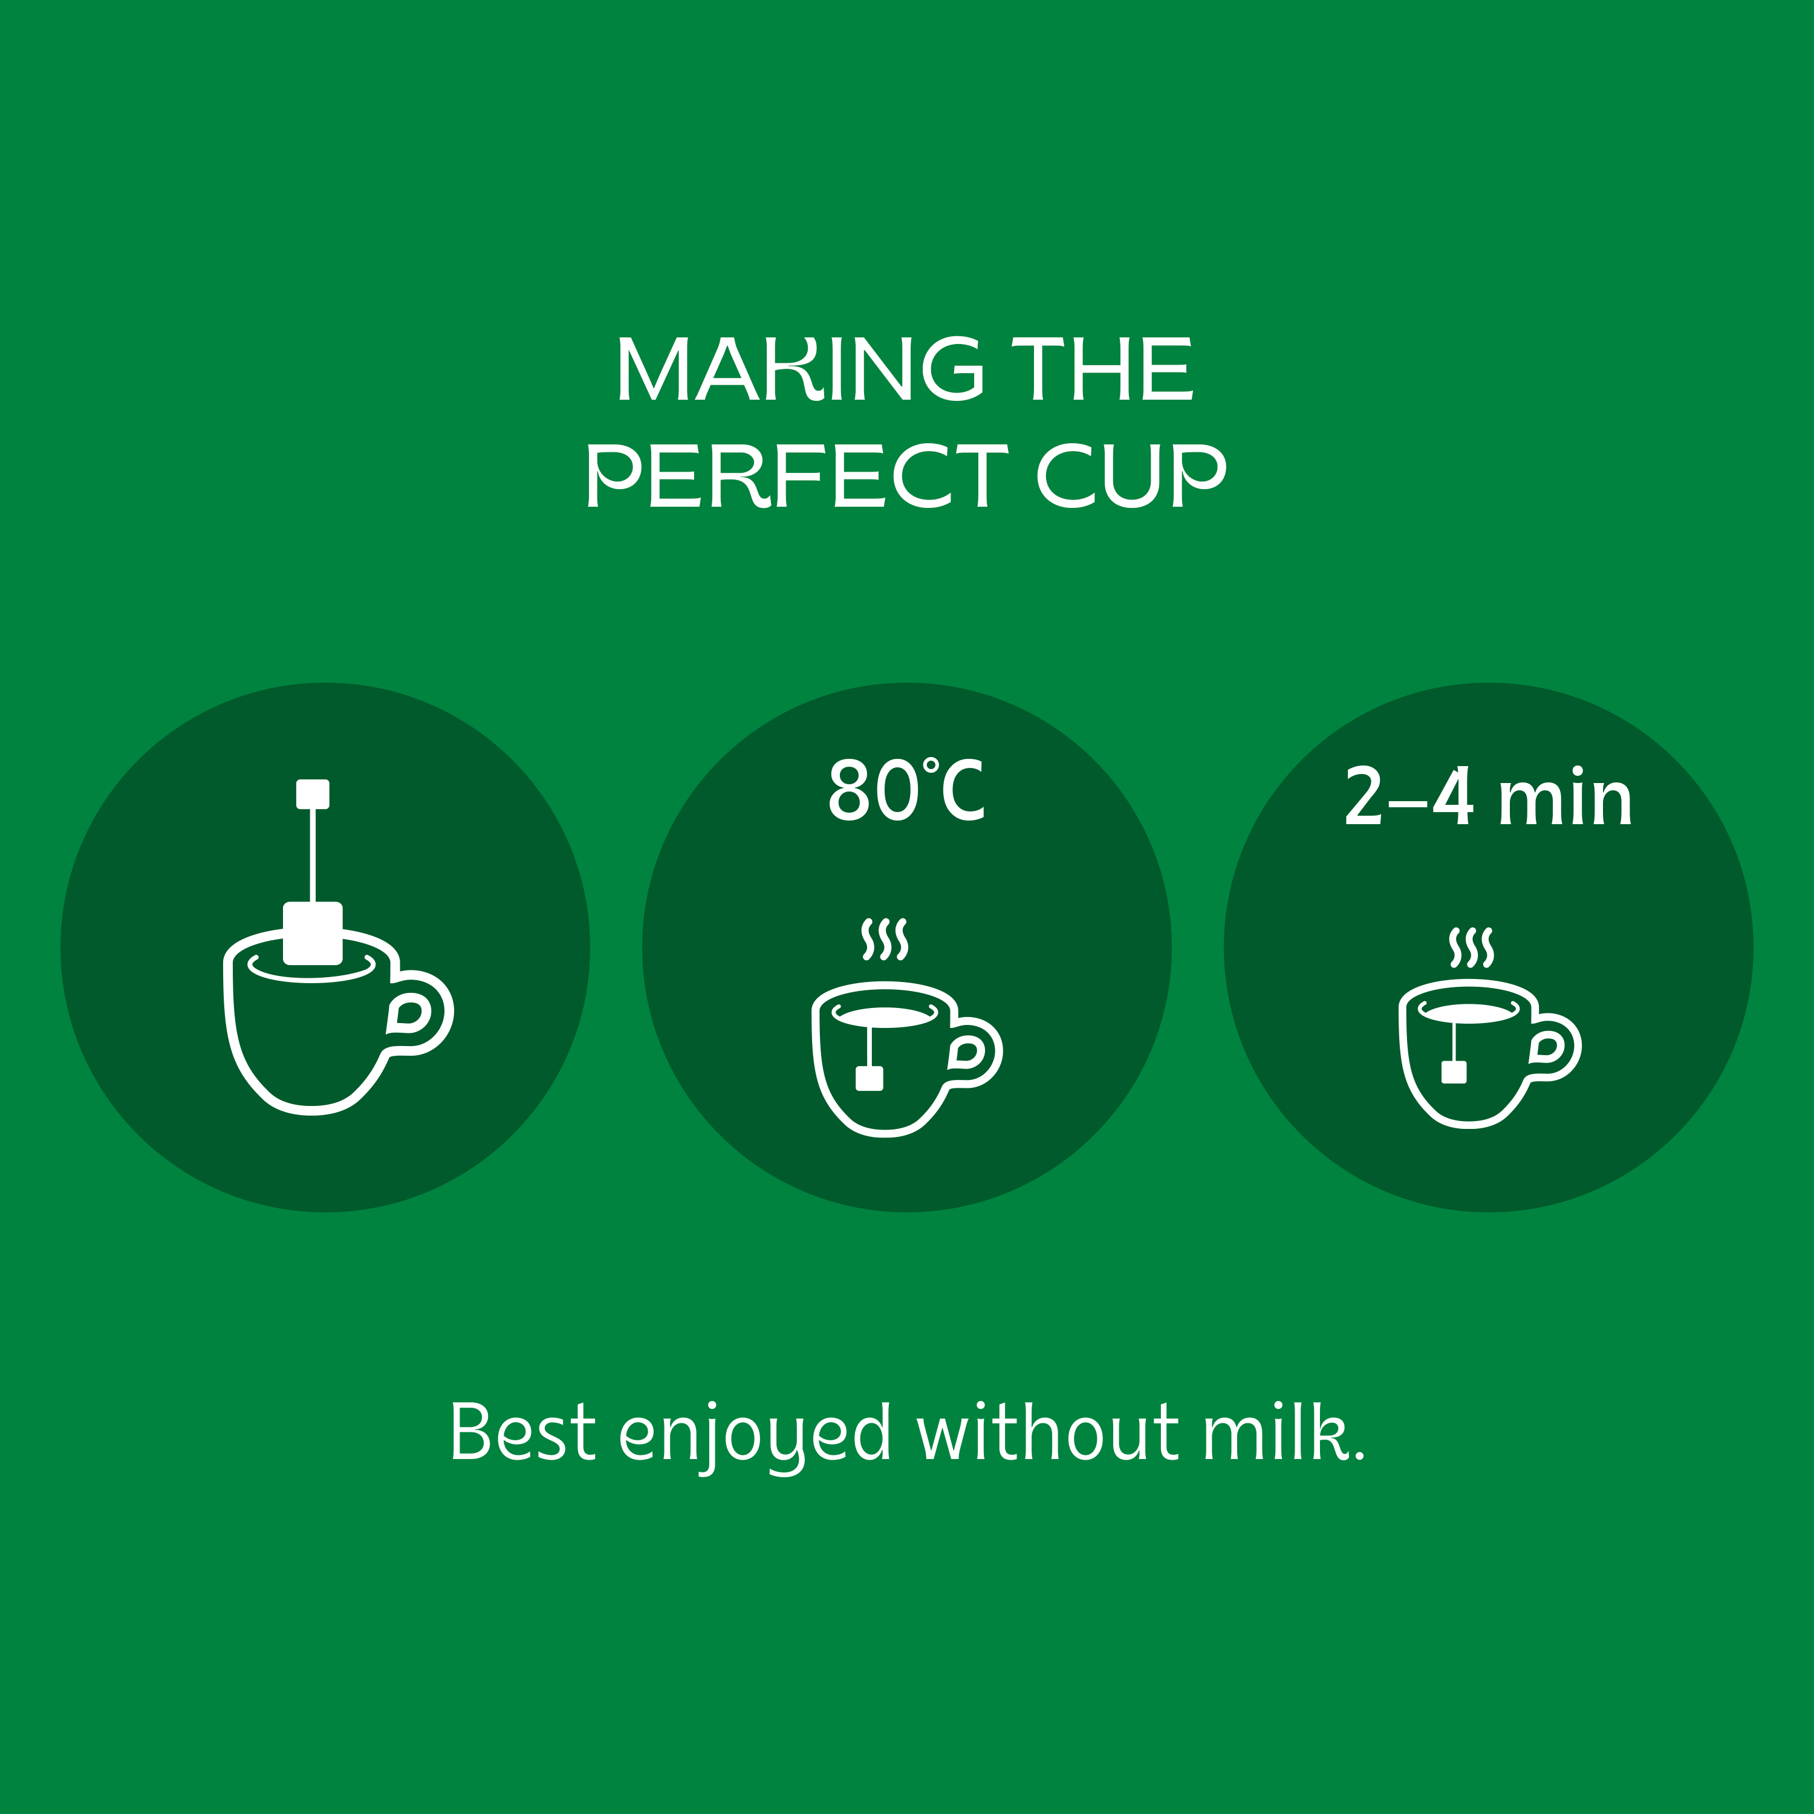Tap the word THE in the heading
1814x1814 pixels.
coord(1102,368)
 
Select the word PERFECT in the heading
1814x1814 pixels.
coord(797,475)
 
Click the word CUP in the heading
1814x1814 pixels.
coord(1131,475)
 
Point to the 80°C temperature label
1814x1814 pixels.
coord(906,788)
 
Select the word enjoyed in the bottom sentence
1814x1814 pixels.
coord(755,1437)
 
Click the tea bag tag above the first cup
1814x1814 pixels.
coord(313,793)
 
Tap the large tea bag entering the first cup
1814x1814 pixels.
coord(313,933)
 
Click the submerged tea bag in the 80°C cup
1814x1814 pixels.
coord(870,1078)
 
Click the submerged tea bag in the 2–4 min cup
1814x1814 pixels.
coord(1454,1072)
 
